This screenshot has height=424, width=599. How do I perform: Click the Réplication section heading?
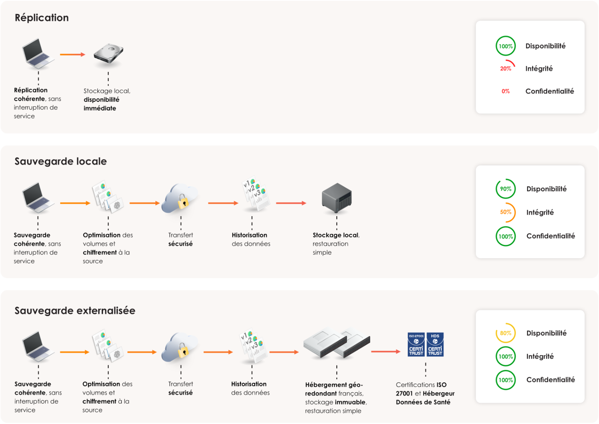pos(42,18)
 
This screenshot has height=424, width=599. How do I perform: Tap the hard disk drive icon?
pos(108,54)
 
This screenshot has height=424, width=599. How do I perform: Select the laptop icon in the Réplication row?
pos(38,54)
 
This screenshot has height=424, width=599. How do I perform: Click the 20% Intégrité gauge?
pos(506,68)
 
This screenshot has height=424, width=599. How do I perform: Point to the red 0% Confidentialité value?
pos(506,91)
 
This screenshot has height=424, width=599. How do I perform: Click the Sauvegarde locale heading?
pos(61,161)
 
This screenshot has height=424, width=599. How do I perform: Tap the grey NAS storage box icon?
pos(337,198)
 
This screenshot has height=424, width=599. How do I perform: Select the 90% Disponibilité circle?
pos(506,189)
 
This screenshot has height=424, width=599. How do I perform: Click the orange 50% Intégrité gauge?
pos(506,212)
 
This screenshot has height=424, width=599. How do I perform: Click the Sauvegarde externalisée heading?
pos(75,311)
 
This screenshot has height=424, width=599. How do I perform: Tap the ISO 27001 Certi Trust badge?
pos(416,344)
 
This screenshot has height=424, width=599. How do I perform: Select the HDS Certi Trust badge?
pos(435,344)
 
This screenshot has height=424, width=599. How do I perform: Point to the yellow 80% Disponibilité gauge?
pos(506,333)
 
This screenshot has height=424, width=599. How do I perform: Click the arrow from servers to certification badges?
pos(385,352)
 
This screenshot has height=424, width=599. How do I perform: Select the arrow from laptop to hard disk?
pos(72,54)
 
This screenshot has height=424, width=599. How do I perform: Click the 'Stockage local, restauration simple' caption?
pos(336,244)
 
